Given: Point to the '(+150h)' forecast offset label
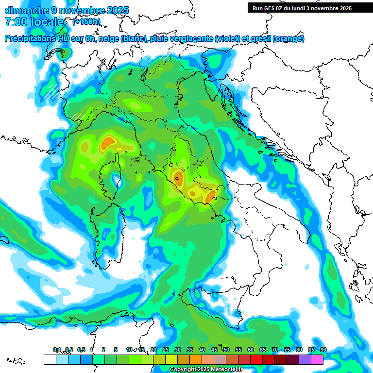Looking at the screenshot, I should [x=86, y=22].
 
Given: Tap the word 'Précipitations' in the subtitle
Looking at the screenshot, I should [x=31, y=39].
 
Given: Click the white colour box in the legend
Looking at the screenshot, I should [x=50, y=359].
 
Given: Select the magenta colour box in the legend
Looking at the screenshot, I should [x=317, y=359].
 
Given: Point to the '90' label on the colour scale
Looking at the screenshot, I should [x=323, y=350].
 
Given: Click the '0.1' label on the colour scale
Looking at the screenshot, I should [x=57, y=350].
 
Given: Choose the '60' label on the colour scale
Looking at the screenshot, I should [x=251, y=350].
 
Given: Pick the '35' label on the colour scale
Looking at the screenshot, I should [x=190, y=350].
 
